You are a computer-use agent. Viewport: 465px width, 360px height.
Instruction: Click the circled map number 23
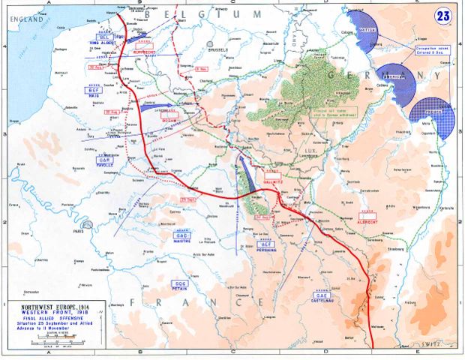tap(444, 14)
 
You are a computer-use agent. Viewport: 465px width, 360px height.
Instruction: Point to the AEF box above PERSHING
tap(266, 244)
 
